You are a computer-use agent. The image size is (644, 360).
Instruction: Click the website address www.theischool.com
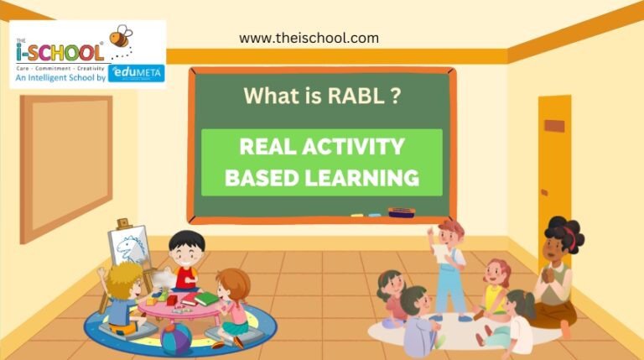tap(309, 38)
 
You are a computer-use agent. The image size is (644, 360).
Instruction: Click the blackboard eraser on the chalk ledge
tap(402, 212)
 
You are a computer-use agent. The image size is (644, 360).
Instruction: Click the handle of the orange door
tap(553, 126)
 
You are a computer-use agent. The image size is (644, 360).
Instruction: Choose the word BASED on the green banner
tap(263, 177)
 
